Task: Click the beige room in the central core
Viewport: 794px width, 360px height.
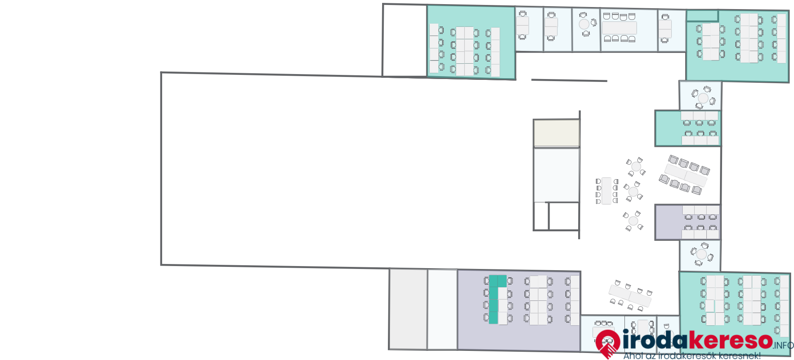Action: (x=556, y=133)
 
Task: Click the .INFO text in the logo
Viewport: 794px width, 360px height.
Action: (x=783, y=346)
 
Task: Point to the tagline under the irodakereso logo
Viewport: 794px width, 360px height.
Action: (x=692, y=356)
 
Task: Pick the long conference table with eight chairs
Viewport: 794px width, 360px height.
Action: (x=619, y=28)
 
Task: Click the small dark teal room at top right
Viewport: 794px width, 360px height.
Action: (x=702, y=16)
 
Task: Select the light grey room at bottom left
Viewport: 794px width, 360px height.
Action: (x=408, y=309)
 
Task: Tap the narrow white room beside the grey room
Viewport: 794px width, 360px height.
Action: (x=442, y=310)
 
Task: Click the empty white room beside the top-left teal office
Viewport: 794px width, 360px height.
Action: (x=404, y=41)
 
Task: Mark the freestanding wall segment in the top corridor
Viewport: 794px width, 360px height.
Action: (x=569, y=80)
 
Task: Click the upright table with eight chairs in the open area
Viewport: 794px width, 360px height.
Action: (x=607, y=191)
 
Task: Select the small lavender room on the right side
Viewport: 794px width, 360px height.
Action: (x=688, y=222)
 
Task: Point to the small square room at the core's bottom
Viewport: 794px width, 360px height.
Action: (x=564, y=216)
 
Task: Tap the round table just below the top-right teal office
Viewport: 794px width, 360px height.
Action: (x=703, y=98)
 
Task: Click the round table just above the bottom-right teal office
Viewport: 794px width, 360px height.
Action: (x=702, y=254)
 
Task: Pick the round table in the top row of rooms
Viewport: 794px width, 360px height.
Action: (x=584, y=24)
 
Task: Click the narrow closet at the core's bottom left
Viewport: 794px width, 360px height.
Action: (x=541, y=216)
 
